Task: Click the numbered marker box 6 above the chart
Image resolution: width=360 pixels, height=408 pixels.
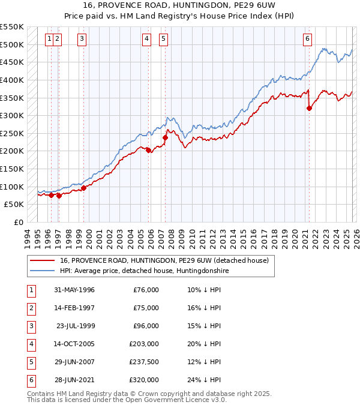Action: (307, 39)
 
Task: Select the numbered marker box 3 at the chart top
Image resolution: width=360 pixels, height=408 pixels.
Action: (82, 39)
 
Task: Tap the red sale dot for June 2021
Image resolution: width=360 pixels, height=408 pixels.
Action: (310, 109)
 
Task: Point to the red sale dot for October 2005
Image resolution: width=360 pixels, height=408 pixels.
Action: (148, 151)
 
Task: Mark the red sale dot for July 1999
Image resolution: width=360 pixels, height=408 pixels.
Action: (84, 188)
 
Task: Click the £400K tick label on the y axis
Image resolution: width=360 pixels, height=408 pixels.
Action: (12, 80)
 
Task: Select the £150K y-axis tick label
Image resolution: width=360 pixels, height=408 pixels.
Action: (12, 169)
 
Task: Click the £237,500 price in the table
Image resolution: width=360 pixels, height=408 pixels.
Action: (144, 362)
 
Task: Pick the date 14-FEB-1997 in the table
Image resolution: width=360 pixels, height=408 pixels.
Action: (74, 308)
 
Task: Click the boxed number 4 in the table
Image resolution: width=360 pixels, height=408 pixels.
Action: (30, 344)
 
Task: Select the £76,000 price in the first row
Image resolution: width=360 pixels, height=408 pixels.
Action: (146, 290)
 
